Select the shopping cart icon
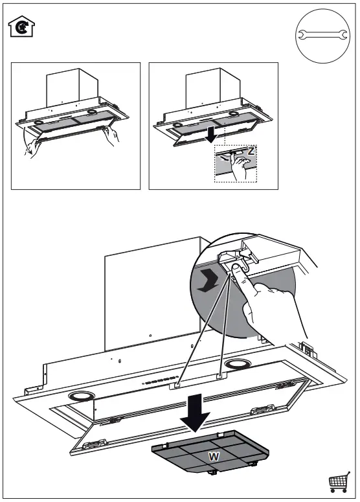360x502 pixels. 339,482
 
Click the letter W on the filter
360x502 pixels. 212,456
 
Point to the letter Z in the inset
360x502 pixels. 251,151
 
